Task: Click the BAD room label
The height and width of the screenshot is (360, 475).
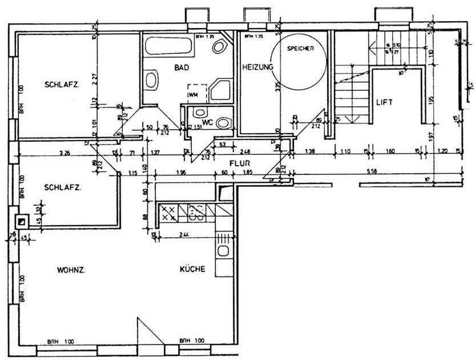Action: coord(182,67)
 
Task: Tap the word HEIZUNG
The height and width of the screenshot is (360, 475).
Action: coord(257,67)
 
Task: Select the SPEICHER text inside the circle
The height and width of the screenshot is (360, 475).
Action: coord(300,49)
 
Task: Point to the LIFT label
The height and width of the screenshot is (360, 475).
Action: coord(385,103)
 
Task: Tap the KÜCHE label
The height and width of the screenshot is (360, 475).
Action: coord(192,270)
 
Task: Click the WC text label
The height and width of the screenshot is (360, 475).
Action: coord(207,122)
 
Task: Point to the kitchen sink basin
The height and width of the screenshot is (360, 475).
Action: coord(224,251)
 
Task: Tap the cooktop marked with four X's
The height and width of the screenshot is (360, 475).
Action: coord(168,213)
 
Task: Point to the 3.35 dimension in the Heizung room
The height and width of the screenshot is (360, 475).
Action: coord(277,87)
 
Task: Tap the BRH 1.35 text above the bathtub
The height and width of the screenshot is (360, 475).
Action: coord(204,37)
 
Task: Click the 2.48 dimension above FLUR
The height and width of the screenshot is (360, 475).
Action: coord(246,152)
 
